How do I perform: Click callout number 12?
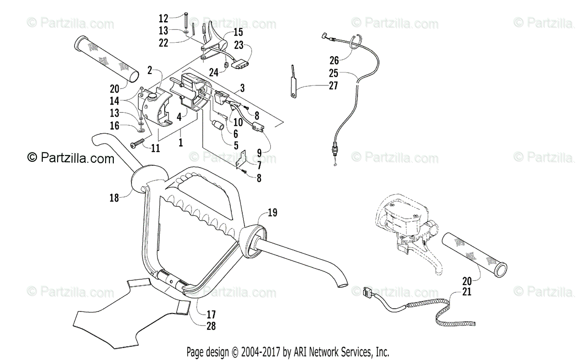(164, 19)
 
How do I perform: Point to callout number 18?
(114, 198)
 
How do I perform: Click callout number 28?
(211, 326)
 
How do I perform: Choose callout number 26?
(334, 60)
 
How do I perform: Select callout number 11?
(155, 149)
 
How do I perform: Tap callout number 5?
(236, 144)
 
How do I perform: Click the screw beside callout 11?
(137, 143)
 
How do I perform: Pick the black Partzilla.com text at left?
(71, 158)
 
